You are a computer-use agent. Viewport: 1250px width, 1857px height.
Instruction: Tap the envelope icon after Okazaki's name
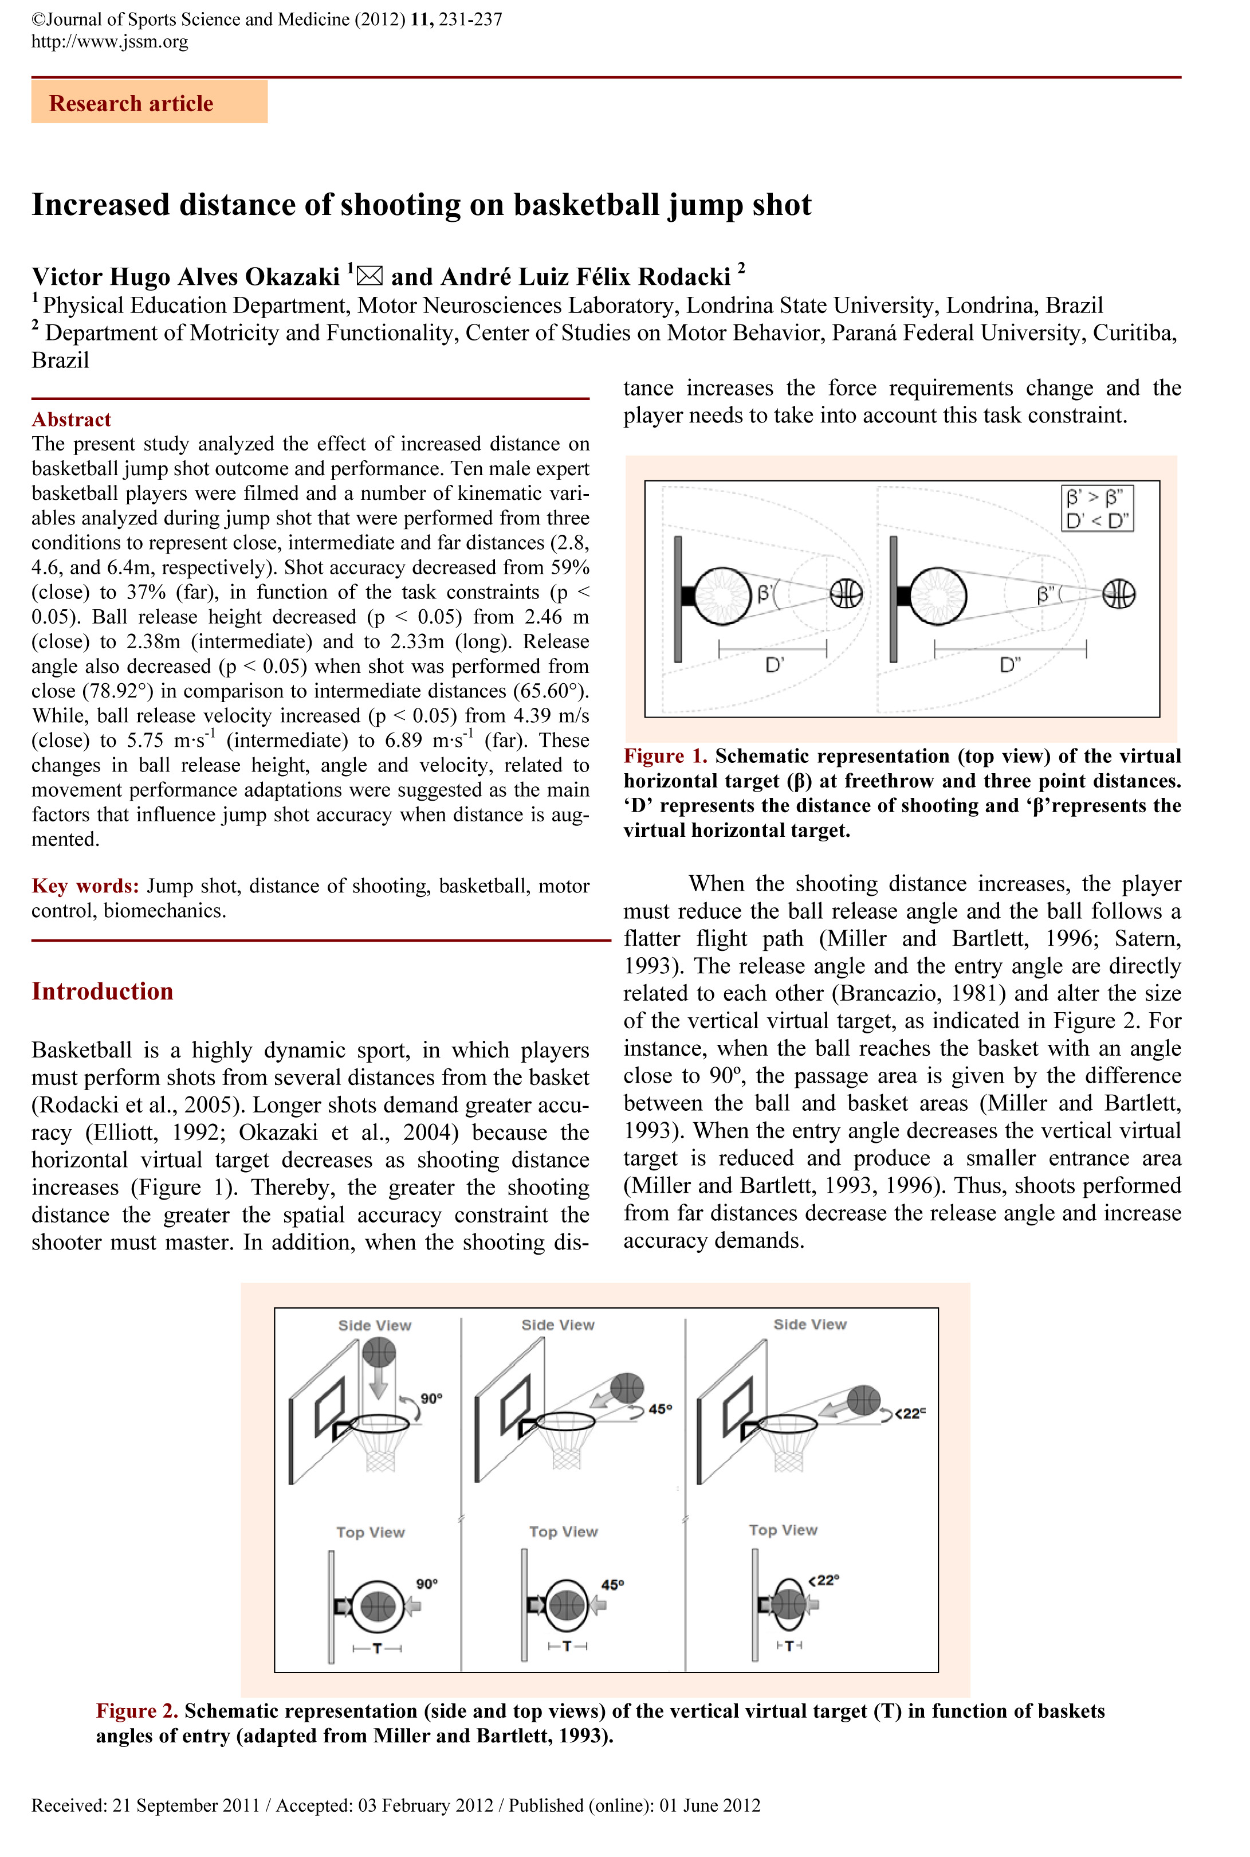point(369,276)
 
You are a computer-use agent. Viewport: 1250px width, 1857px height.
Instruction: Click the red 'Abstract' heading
point(71,420)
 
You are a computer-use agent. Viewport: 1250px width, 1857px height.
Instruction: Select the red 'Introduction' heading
point(102,991)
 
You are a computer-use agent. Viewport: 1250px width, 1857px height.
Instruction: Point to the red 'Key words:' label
point(85,886)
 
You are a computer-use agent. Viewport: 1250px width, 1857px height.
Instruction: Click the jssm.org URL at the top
point(110,41)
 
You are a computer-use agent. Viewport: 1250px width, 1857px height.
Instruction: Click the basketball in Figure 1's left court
point(846,593)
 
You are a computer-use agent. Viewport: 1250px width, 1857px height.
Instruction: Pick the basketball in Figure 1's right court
point(1118,594)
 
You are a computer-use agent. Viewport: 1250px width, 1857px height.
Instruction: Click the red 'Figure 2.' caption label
point(137,1711)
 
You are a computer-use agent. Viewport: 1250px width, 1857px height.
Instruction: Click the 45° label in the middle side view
point(660,1409)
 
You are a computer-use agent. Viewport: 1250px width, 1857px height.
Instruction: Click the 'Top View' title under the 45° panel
point(563,1531)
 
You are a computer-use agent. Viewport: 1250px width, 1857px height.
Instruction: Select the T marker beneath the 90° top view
point(377,1647)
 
